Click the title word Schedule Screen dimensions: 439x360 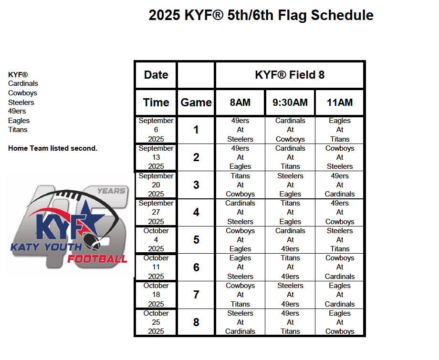point(342,15)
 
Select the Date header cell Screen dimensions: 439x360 point(156,75)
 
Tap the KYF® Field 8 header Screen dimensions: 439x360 point(290,75)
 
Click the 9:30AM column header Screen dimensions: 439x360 point(290,103)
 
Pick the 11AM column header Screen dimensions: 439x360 point(340,103)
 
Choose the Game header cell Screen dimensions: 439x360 point(196,103)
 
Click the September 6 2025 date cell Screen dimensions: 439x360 point(156,130)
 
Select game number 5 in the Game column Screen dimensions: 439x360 point(196,240)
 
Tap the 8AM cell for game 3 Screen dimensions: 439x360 point(240,185)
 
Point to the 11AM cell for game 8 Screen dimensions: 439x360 point(340,322)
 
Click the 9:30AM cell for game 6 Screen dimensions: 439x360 point(290,267)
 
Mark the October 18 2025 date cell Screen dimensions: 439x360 point(156,295)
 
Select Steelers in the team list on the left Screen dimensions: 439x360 point(21,103)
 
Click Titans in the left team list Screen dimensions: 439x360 point(18,130)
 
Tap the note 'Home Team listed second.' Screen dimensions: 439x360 point(52,148)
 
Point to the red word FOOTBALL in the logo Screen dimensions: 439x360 point(97,259)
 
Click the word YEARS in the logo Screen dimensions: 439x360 point(111,191)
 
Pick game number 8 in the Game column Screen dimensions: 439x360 point(196,322)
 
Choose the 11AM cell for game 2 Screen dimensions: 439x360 point(340,157)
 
